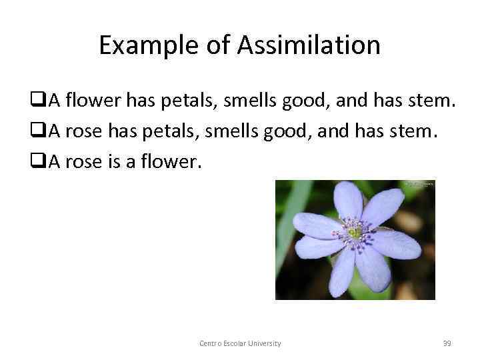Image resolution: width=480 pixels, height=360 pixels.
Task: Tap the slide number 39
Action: pos(447,343)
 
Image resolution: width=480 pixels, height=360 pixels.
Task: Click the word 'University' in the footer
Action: pos(263,343)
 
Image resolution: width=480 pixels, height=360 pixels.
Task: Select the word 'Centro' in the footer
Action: pos(210,343)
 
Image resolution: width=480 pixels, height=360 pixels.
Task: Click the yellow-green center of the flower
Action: pos(355,232)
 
